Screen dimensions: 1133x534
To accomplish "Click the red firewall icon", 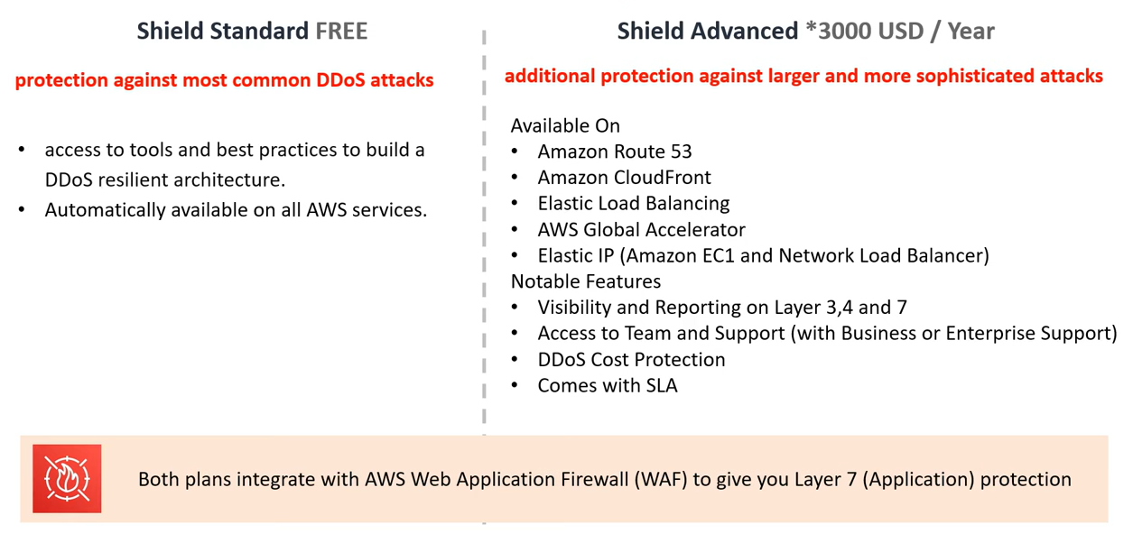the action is coord(67,478).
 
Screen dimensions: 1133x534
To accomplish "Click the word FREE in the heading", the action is coord(341,31).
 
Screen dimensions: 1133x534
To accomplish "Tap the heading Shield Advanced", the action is coord(708,31).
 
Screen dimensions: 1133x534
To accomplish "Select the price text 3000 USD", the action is coord(871,31).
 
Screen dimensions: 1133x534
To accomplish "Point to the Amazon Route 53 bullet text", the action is coord(615,152).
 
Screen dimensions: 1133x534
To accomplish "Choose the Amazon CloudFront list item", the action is coord(624,178).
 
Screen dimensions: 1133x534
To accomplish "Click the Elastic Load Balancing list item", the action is coord(634,204).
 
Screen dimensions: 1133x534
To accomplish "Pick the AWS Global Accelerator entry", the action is coord(641,230).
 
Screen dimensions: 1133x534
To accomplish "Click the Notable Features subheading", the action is coord(586,281).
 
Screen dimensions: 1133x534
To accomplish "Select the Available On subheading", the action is coord(565,125).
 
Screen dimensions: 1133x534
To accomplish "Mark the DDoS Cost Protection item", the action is coord(631,360).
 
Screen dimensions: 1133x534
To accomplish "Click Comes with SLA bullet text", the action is coord(608,385).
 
